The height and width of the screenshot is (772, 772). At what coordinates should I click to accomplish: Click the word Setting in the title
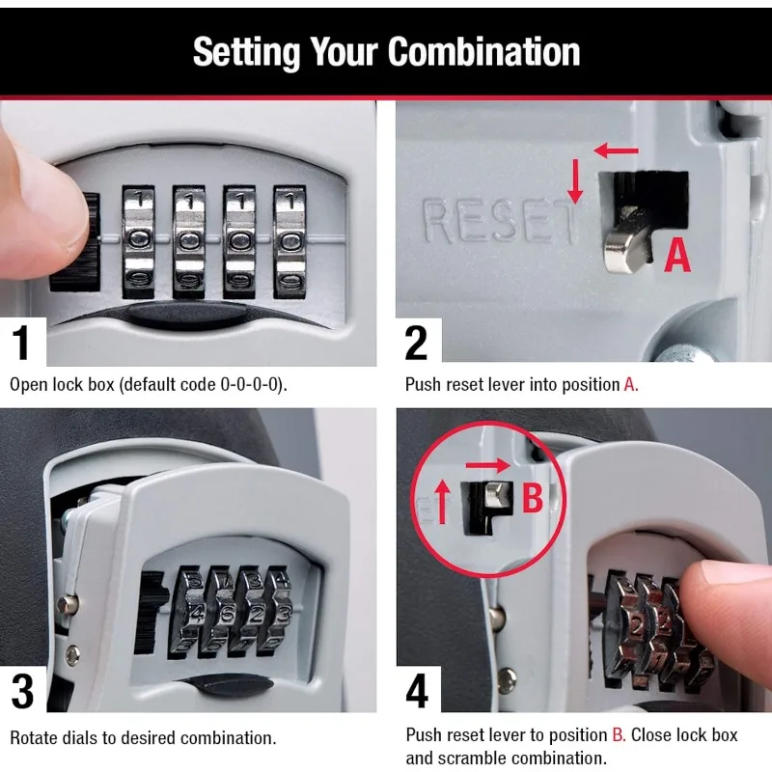239,52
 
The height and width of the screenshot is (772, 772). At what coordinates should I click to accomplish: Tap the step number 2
416,345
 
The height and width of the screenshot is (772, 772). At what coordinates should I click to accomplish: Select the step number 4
418,692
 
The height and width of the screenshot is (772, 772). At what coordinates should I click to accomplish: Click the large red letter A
678,256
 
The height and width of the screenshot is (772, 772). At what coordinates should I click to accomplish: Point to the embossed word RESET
500,222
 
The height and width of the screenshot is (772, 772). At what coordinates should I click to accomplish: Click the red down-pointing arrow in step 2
575,181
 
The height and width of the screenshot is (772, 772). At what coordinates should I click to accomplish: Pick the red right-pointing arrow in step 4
488,465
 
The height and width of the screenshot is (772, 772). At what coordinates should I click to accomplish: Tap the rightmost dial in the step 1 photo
288,240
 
